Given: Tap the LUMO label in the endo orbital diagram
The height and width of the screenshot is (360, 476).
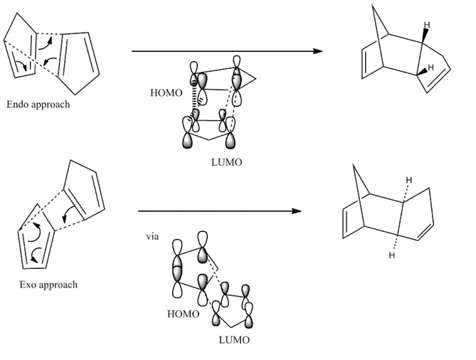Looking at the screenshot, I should pos(228,162).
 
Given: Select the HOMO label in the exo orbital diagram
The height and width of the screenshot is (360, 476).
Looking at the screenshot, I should pos(181,312).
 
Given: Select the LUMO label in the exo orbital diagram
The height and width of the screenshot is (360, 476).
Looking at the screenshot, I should pos(236,340).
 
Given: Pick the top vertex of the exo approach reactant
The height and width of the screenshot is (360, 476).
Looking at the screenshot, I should pos(69,161).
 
